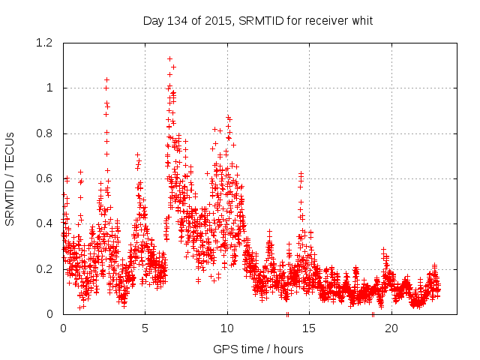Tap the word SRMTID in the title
(x=257, y=20)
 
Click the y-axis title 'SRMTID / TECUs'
(x=10, y=178)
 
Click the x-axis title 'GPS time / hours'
(x=258, y=349)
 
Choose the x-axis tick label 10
(x=227, y=328)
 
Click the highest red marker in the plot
(x=169, y=58)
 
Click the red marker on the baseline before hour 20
(x=373, y=314)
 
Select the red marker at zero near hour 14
(x=288, y=314)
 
